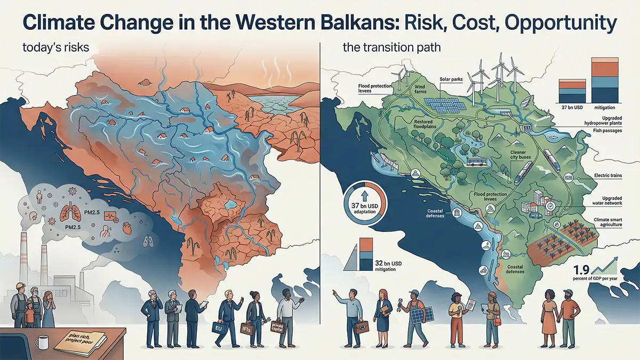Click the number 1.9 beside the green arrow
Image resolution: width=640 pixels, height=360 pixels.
(x=581, y=270)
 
